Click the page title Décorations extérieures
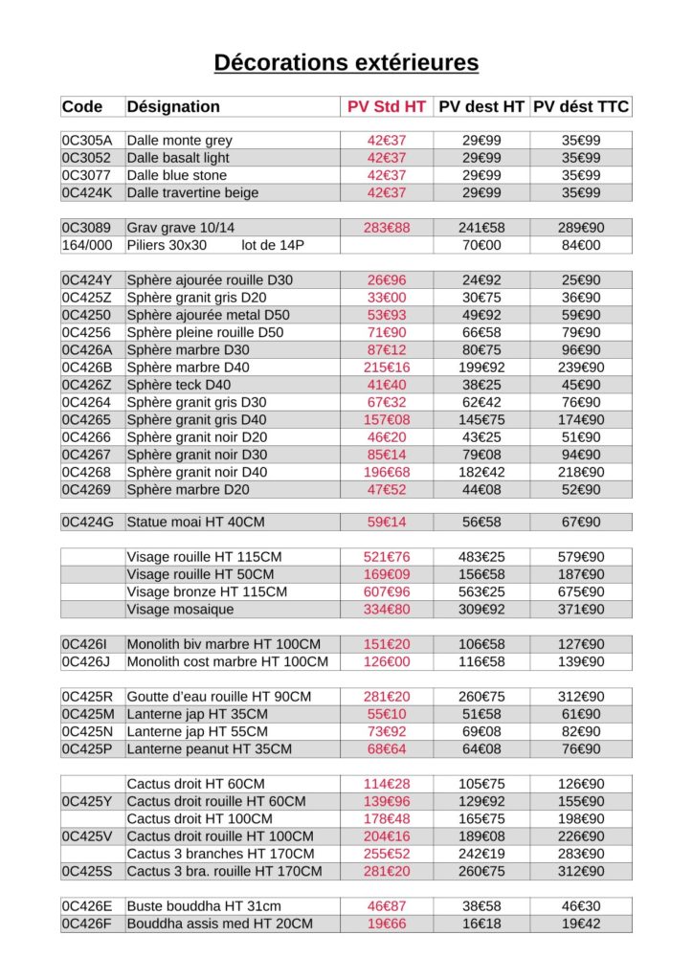[346, 63]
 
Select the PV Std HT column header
[386, 107]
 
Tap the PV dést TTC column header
[581, 107]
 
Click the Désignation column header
[173, 107]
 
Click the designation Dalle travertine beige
[192, 193]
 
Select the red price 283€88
[386, 228]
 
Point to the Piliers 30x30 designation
[167, 246]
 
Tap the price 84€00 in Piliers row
[581, 246]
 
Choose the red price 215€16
[386, 367]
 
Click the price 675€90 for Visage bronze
[581, 592]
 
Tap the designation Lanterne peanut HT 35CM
[209, 749]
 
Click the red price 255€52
[386, 854]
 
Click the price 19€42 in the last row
[581, 924]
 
